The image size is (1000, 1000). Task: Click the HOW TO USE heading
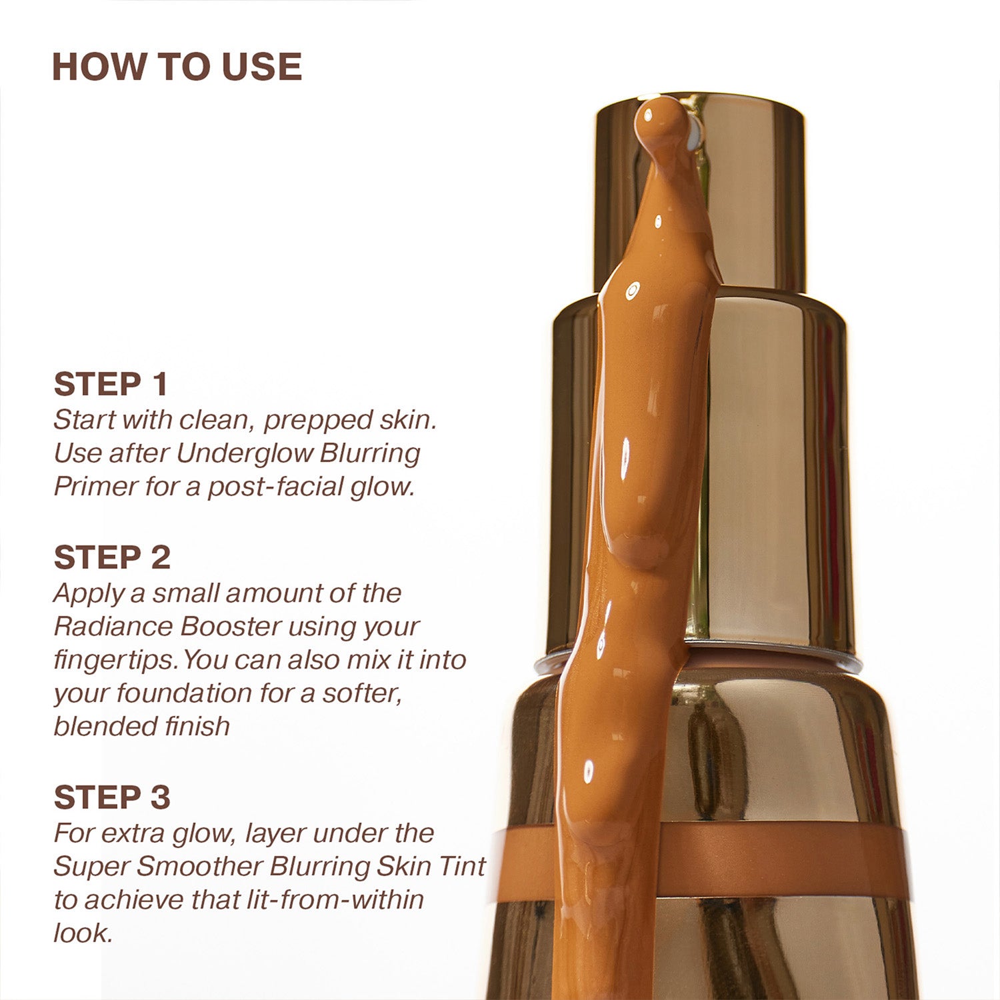(177, 67)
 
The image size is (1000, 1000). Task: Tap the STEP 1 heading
(111, 384)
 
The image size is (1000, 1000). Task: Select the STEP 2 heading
(112, 557)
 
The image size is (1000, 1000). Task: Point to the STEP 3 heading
(112, 797)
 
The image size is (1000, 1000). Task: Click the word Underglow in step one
(244, 453)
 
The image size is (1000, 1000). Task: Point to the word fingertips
(115, 660)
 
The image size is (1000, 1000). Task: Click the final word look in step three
(80, 933)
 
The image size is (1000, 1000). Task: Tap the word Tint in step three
(461, 867)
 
